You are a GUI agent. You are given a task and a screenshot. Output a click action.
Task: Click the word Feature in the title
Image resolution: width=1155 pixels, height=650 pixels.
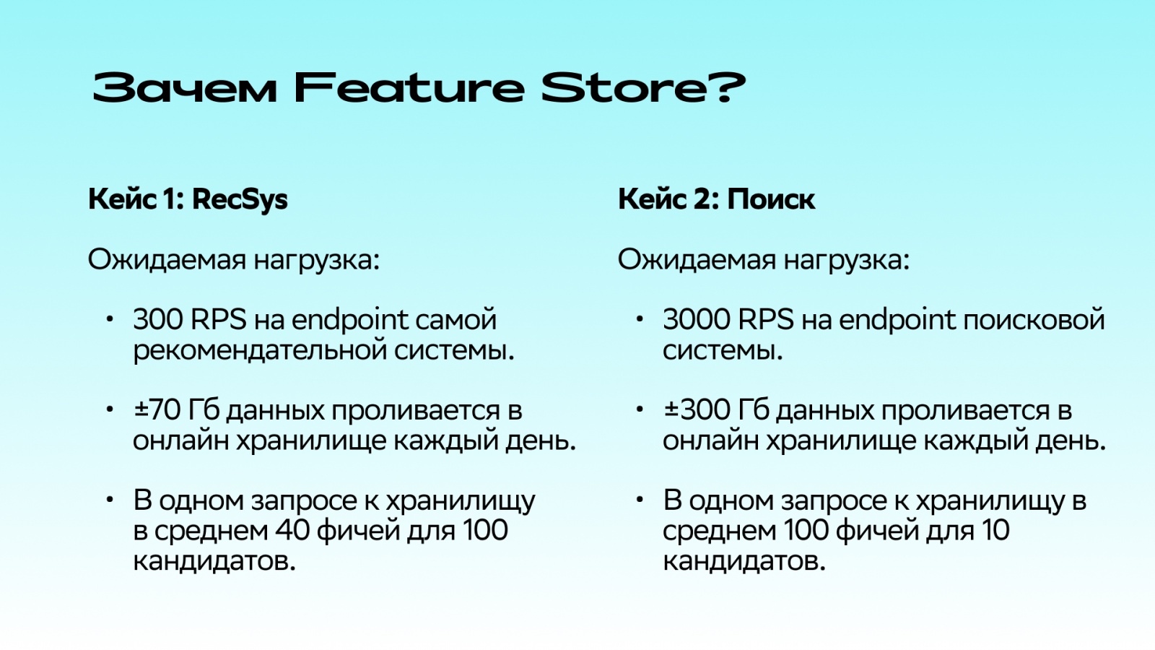pyautogui.click(x=409, y=88)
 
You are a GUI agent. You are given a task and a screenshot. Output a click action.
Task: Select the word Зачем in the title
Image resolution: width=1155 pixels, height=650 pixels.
pyautogui.click(x=185, y=88)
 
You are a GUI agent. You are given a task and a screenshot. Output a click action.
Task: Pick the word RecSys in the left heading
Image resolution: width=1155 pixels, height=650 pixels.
pyautogui.click(x=240, y=199)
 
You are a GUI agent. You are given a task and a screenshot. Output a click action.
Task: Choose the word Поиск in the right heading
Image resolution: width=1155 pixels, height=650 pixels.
pyautogui.click(x=771, y=199)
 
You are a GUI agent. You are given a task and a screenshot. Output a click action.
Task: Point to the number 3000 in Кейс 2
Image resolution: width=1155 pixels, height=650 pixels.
pyautogui.click(x=692, y=319)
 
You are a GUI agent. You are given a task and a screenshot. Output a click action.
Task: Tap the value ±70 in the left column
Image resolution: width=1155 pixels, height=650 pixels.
pyautogui.click(x=157, y=410)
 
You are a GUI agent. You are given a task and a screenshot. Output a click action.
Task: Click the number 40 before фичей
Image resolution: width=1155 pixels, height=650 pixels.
pyautogui.click(x=292, y=530)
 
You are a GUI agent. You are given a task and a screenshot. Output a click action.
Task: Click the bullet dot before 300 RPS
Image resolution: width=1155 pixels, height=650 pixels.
pyautogui.click(x=110, y=318)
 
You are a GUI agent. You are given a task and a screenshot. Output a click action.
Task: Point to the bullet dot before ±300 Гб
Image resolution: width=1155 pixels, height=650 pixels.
pyautogui.click(x=640, y=409)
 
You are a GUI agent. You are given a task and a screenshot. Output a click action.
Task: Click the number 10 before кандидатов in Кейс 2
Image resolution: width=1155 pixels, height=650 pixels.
pyautogui.click(x=995, y=530)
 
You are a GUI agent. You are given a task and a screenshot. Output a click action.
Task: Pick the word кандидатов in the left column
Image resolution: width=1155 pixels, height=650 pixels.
pyautogui.click(x=214, y=561)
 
